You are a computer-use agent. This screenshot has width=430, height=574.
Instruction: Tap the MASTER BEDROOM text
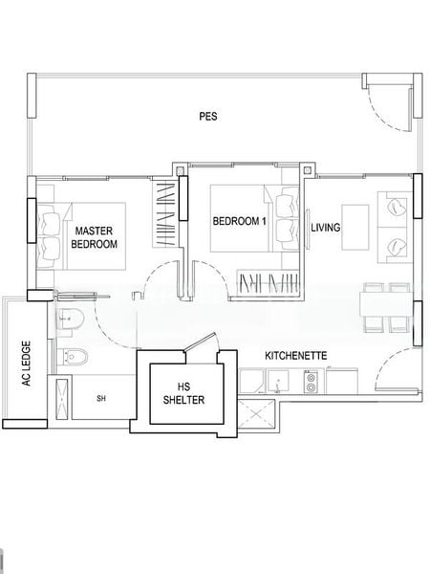(95, 237)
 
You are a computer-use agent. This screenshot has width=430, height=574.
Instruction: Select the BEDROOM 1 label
(238, 221)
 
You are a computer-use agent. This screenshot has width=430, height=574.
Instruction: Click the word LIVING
(326, 227)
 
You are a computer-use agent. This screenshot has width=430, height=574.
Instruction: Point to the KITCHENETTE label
(297, 355)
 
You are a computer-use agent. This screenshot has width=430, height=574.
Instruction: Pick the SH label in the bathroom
(100, 398)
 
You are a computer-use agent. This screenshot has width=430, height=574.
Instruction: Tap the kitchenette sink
(275, 384)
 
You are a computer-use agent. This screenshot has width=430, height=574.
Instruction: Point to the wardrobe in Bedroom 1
(268, 283)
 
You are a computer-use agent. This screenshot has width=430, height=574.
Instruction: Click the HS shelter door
(202, 342)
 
